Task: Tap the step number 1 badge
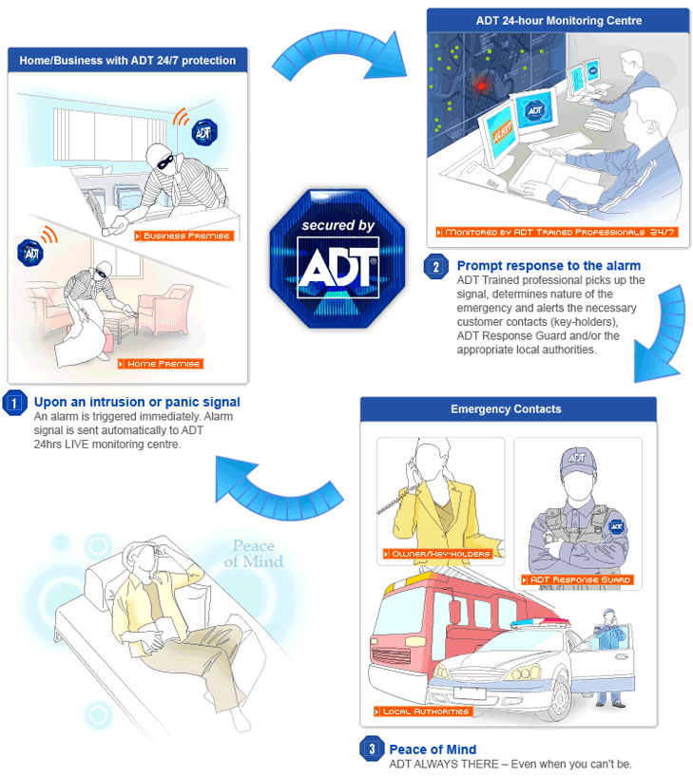click(15, 403)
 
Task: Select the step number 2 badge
click(435, 267)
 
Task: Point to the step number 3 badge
click(371, 749)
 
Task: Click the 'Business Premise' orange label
click(183, 236)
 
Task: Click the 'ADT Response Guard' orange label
click(577, 579)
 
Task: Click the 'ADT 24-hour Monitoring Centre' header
click(558, 21)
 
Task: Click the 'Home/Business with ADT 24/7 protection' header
click(127, 61)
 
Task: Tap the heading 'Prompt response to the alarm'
click(549, 266)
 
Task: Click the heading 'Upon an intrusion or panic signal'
click(137, 402)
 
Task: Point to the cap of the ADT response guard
click(577, 459)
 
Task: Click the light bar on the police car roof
click(540, 625)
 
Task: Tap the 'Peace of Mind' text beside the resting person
click(253, 554)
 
